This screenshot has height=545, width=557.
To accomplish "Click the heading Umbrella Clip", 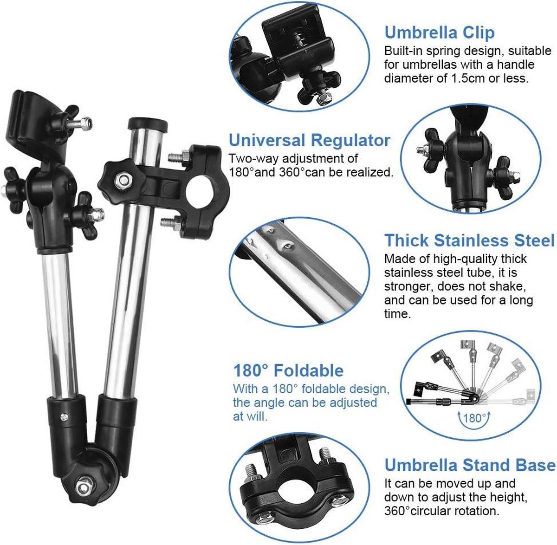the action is (x=440, y=32).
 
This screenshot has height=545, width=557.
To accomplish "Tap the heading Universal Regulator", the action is (x=310, y=140).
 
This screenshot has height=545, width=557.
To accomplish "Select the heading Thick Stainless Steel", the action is (x=469, y=240).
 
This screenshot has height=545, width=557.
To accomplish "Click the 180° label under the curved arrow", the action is (x=474, y=418).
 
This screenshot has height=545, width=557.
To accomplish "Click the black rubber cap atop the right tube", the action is (x=148, y=123).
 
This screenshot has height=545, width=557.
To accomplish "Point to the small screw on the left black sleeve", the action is (x=65, y=417).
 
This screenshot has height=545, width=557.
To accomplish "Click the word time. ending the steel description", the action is (x=398, y=314).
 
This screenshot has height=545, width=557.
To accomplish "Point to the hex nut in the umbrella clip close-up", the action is (x=325, y=98).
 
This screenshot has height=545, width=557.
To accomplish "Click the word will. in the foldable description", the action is (x=257, y=416).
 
